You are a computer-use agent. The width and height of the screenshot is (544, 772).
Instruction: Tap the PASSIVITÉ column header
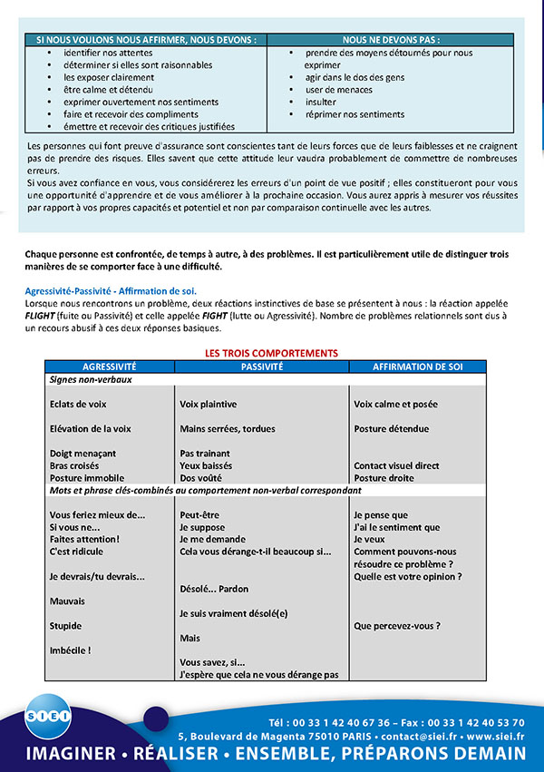click(x=262, y=366)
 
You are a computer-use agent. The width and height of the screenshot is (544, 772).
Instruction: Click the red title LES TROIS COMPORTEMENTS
click(x=271, y=353)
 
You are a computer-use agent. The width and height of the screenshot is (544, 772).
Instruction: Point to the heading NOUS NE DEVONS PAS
click(x=391, y=40)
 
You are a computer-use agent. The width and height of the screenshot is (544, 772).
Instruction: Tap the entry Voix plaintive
click(x=209, y=404)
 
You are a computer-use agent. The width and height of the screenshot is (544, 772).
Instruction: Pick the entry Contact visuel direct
click(x=396, y=465)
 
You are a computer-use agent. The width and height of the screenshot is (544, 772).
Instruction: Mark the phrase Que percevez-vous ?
click(x=397, y=625)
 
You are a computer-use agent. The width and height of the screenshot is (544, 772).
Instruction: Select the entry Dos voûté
click(x=200, y=477)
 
